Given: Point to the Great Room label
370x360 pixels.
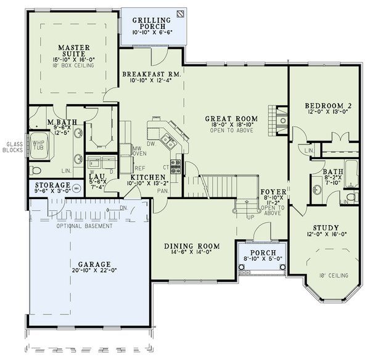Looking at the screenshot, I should point(231,118).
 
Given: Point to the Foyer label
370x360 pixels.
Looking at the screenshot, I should point(271,191).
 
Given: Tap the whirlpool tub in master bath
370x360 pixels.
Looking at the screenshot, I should point(41,146).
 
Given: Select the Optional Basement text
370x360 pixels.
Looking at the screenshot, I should point(85,226).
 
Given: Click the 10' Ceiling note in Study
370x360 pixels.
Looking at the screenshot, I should point(331,275).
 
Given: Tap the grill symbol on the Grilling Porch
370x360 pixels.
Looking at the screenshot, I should point(179,12).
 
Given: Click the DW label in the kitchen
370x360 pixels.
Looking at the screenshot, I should point(150,128).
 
